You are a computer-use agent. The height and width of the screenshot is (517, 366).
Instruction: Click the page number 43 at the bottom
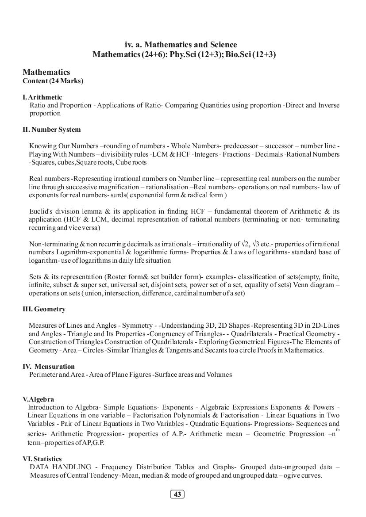tap(177, 494)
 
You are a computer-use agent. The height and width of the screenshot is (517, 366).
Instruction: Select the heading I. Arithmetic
tap(42, 97)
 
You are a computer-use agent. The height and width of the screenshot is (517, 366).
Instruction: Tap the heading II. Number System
tap(52, 130)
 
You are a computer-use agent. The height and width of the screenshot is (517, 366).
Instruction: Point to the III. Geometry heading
tap(44, 309)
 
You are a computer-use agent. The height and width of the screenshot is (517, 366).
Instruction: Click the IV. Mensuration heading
tap(49, 367)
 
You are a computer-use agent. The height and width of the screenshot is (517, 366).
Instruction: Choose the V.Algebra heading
tap(38, 399)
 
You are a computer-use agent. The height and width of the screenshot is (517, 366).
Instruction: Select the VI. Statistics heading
tap(42, 459)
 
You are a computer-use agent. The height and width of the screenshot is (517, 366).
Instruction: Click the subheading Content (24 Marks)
tap(53, 81)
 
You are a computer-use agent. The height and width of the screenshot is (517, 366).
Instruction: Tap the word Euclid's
tap(40, 211)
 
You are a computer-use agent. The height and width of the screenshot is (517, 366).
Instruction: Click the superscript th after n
tap(338, 429)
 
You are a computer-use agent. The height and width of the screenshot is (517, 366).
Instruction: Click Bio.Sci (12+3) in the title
tap(250, 55)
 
